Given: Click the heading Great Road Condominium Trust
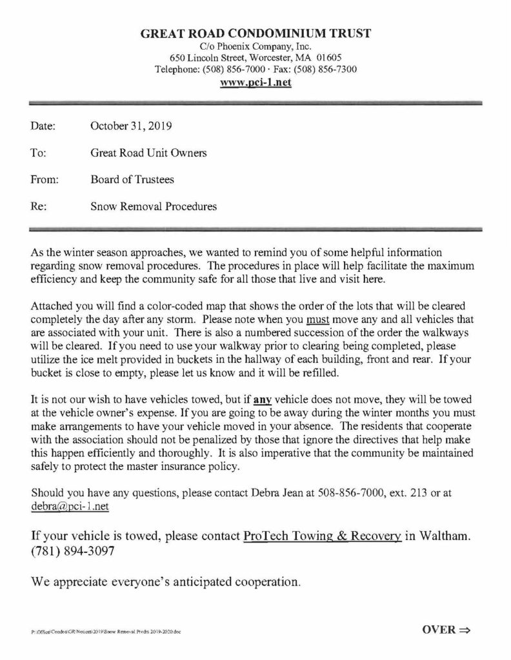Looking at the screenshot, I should (x=255, y=34).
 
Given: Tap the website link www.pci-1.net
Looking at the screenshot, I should (x=255, y=82).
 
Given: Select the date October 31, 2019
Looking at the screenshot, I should (x=126, y=126).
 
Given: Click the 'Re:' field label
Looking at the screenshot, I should (x=38, y=207).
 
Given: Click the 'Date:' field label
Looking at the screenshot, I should (x=43, y=126).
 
